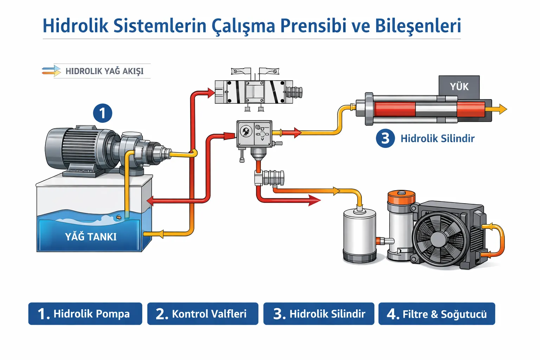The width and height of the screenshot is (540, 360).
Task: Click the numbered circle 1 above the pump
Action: coord(102,113)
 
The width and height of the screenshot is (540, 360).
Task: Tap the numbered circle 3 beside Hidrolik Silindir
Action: coord(385,138)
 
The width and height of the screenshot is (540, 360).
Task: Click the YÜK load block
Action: coord(459,87)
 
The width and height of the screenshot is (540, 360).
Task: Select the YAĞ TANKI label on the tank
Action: coord(91,237)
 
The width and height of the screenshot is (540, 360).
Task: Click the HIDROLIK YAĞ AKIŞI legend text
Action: coord(104,71)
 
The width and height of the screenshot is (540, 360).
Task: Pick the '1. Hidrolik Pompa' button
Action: coord(85,314)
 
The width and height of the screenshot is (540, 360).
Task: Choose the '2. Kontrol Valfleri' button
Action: coord(202,314)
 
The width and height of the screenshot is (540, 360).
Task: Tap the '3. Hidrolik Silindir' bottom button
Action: coord(319,314)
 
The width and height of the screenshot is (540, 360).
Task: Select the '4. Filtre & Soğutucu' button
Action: coord(437,314)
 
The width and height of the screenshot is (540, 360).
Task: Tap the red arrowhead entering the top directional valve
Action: coord(211,93)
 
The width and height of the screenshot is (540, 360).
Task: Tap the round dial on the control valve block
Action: coord(246,132)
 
